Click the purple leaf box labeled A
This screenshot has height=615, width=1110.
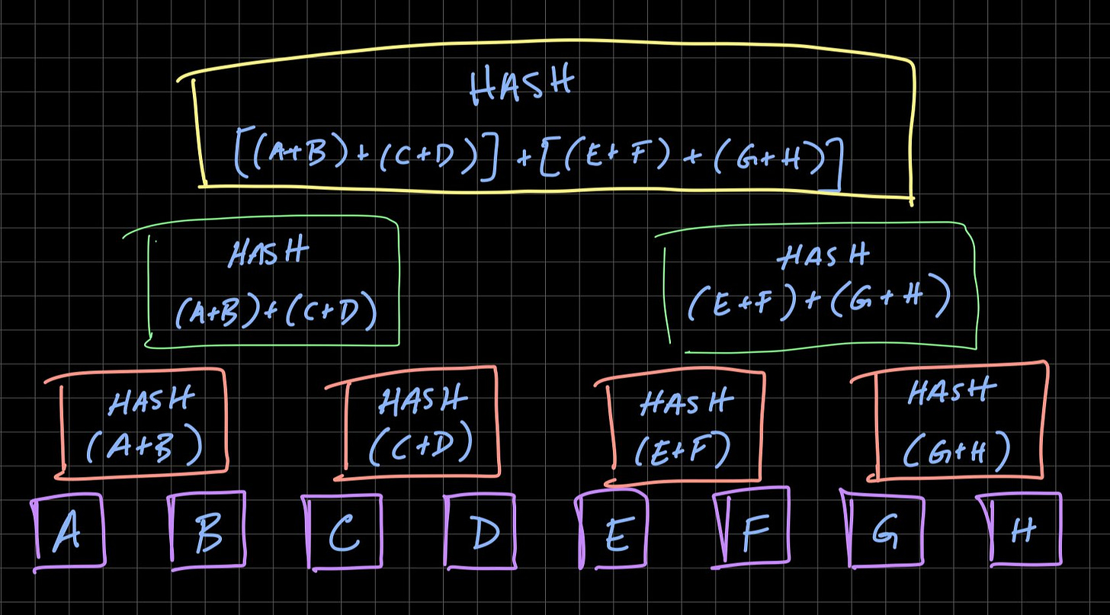tap(69, 533)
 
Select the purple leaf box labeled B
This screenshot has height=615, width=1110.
tap(208, 531)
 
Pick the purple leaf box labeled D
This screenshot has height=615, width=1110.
tap(483, 532)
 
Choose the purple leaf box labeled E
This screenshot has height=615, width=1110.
tap(614, 531)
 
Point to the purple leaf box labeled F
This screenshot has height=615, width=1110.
tap(752, 530)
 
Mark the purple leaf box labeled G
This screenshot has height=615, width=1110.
tap(884, 530)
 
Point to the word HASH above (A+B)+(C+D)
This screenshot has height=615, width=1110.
tap(269, 252)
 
